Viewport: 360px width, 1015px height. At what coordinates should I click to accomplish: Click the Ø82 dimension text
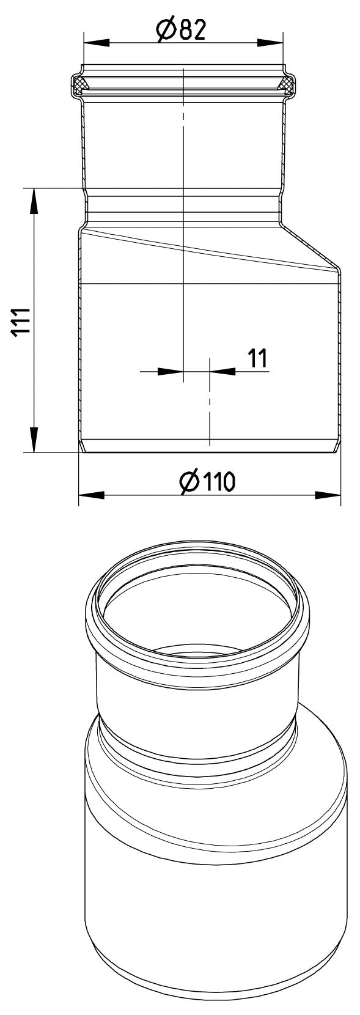pos(181,31)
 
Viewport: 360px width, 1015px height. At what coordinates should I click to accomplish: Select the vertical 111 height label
pos(20,321)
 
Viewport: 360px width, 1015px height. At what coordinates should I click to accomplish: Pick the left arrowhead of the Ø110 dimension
pos(92,495)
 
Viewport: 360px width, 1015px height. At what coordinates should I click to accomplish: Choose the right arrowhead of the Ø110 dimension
pos(328,495)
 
